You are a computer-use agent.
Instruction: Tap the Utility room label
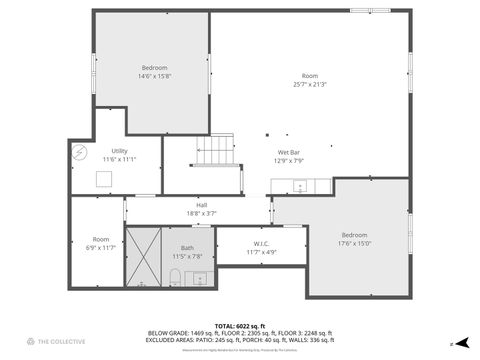click(119, 150)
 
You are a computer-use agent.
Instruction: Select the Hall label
click(201, 205)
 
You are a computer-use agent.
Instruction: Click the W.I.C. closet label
click(261, 243)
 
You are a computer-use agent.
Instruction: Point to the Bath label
click(187, 247)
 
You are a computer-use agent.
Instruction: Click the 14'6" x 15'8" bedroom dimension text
click(154, 76)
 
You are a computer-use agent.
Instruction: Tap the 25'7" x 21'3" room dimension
click(310, 84)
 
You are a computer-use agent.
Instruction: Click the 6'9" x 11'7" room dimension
click(101, 247)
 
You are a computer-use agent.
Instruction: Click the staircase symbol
click(212, 153)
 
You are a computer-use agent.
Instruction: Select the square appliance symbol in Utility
click(103, 179)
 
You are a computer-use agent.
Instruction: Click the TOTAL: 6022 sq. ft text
click(240, 326)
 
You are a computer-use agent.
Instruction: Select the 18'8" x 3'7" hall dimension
click(201, 213)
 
